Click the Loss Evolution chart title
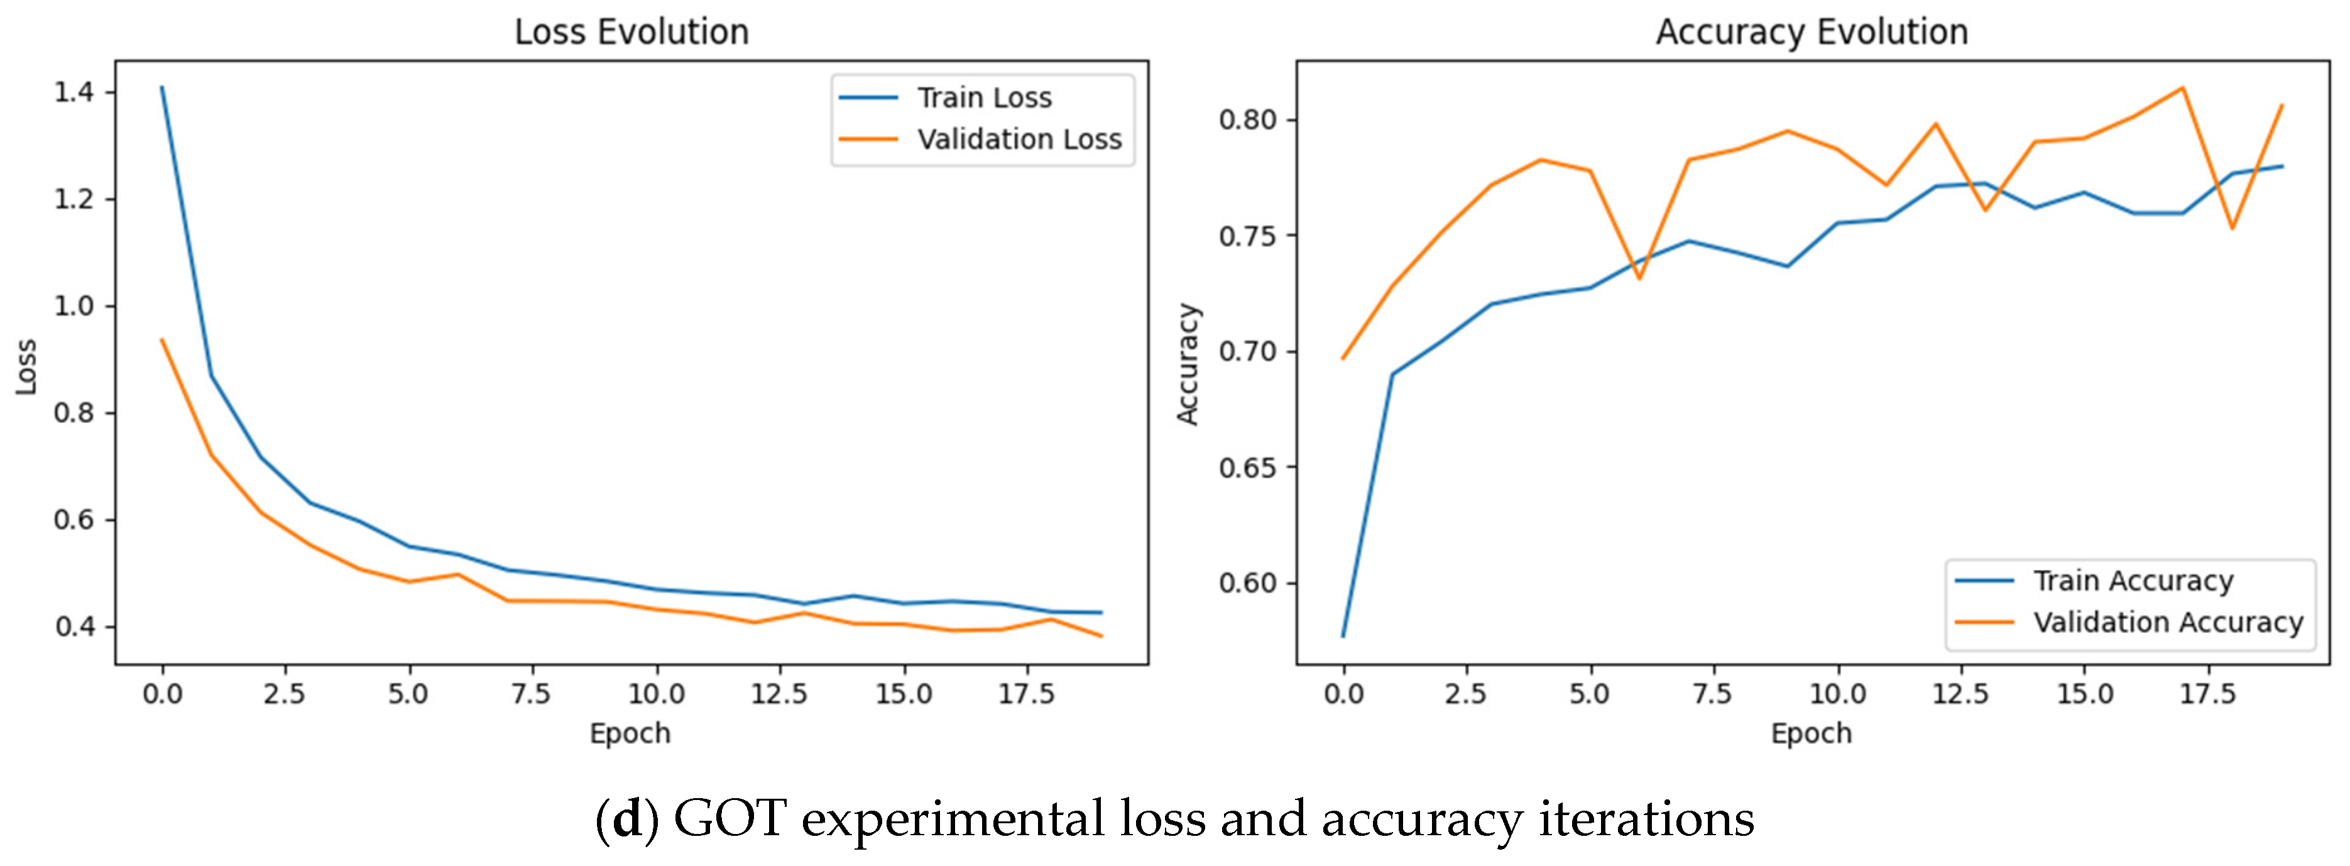631,32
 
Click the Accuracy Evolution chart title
1812,32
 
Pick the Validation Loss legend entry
980,139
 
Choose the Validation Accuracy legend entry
2128,622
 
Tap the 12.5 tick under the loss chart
779,694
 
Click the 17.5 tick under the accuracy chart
2208,694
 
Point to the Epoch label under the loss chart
630,733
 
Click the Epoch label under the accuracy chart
1812,733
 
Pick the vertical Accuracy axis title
1188,364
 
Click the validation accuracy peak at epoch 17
2182,87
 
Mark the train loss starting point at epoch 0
162,87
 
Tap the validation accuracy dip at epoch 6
1639,278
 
